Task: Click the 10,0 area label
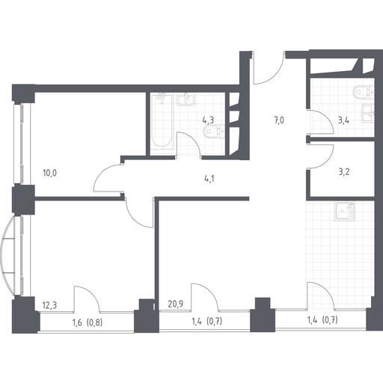click(50, 173)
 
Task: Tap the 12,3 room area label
click(49, 305)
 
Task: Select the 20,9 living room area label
click(176, 304)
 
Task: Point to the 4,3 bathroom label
click(208, 120)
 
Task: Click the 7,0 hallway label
click(278, 120)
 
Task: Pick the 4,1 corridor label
click(209, 179)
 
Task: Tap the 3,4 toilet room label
click(343, 120)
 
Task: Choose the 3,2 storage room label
click(344, 172)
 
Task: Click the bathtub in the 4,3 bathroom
click(162, 121)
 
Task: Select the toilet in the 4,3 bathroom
click(214, 132)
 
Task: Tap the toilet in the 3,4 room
click(364, 92)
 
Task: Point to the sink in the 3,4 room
click(368, 114)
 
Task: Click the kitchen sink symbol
click(345, 212)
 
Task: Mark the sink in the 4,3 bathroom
click(186, 99)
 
